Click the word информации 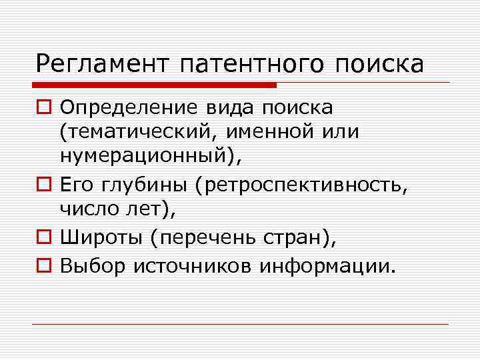tap(328, 267)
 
